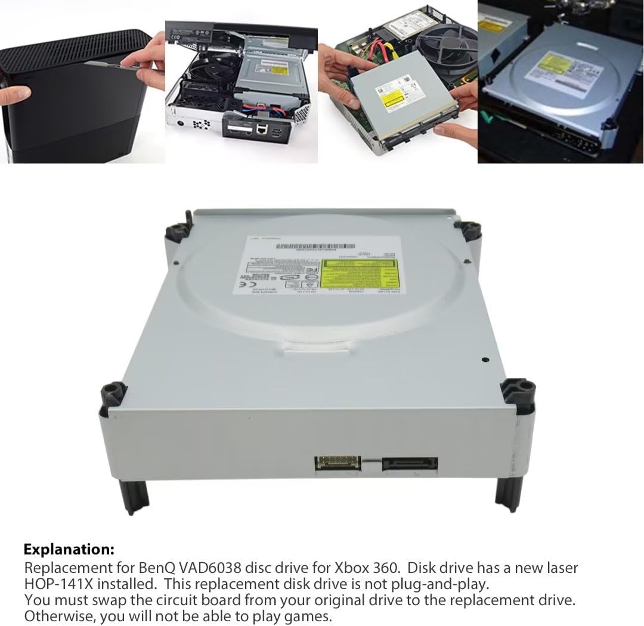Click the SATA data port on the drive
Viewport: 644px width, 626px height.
pyautogui.click(x=411, y=463)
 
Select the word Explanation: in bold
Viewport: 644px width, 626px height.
pyautogui.click(x=69, y=549)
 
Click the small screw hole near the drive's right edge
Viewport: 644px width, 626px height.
pyautogui.click(x=485, y=361)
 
